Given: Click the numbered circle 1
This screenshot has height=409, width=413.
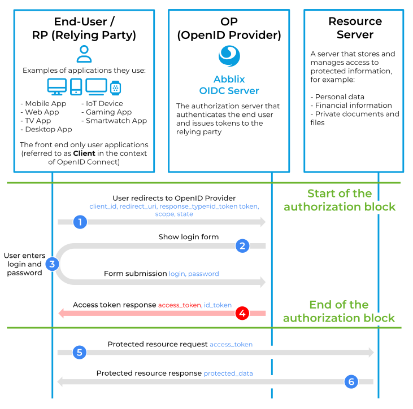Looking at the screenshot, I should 80,222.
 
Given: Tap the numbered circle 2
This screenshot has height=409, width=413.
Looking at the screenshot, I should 242,245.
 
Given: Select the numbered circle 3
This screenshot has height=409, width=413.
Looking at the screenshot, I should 52,263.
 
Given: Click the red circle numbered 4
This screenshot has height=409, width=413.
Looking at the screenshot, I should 242,313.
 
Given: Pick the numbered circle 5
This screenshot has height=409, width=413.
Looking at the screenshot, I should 80,353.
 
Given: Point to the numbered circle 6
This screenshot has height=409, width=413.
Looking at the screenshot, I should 351,382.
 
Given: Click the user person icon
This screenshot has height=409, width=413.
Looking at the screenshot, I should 84,54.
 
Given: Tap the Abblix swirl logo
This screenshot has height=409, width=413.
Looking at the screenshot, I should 229,56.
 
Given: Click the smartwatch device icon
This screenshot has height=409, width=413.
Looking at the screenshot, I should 116,87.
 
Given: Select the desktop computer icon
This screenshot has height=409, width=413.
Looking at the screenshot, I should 56,87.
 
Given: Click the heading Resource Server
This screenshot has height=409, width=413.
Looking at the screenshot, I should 355,28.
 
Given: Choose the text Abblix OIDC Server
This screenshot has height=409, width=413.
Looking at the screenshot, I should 229,85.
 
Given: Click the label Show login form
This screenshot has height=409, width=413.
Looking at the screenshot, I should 188,237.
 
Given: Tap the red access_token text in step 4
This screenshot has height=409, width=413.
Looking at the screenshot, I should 179,305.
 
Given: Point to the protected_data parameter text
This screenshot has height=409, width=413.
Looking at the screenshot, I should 228,373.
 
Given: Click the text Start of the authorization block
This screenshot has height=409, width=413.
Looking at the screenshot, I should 340,200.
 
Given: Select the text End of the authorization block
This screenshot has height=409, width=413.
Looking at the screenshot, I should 339,311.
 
